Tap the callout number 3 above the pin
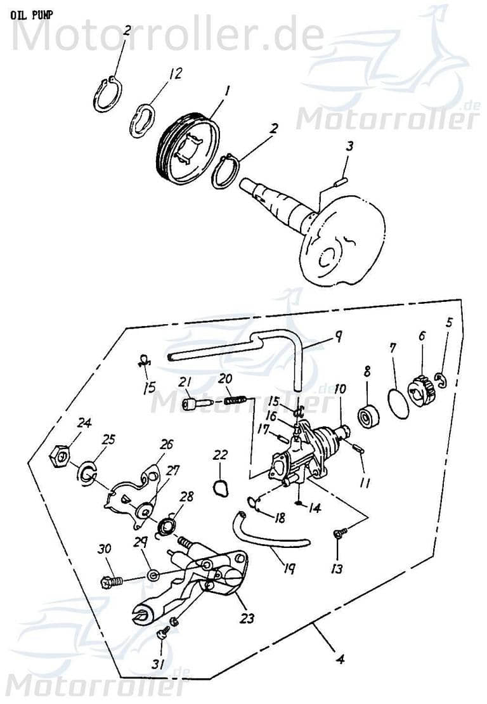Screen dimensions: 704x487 [349, 147]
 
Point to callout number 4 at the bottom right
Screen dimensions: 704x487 [341, 659]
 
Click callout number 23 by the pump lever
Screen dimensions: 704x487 [248, 616]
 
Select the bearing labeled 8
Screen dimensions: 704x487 [368, 416]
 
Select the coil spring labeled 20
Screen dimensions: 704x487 [236, 401]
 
